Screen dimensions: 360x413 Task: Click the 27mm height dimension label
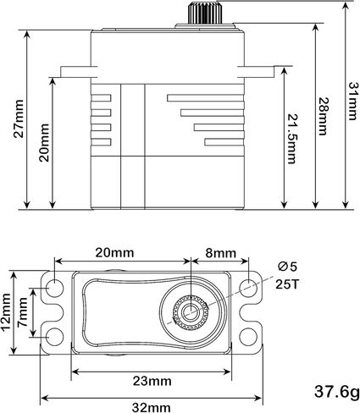pos(19,118)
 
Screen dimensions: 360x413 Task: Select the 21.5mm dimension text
pos(291,139)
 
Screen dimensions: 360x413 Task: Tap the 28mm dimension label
pos(323,117)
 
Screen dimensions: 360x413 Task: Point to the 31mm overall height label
pos(353,101)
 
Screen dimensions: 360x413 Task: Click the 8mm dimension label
pos(220,253)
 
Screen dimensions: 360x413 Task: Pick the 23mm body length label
pos(152,381)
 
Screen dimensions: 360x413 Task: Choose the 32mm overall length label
pos(152,408)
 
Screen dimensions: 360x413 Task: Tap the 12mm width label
pos(6,312)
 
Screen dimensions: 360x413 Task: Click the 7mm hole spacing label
pos(22,312)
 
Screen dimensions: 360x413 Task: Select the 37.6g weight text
pos(337,392)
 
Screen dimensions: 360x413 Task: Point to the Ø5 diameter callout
pos(287,267)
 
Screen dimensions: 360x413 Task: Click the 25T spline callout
pos(287,284)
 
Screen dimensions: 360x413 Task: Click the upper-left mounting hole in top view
pos(54,288)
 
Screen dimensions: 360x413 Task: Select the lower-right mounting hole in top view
pos(248,336)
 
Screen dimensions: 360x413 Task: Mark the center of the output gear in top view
pos(191,311)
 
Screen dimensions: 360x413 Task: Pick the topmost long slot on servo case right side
pos(205,98)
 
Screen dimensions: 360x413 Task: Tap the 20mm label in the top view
pos(114,252)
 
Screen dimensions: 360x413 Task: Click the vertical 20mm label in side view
pos(44,142)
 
